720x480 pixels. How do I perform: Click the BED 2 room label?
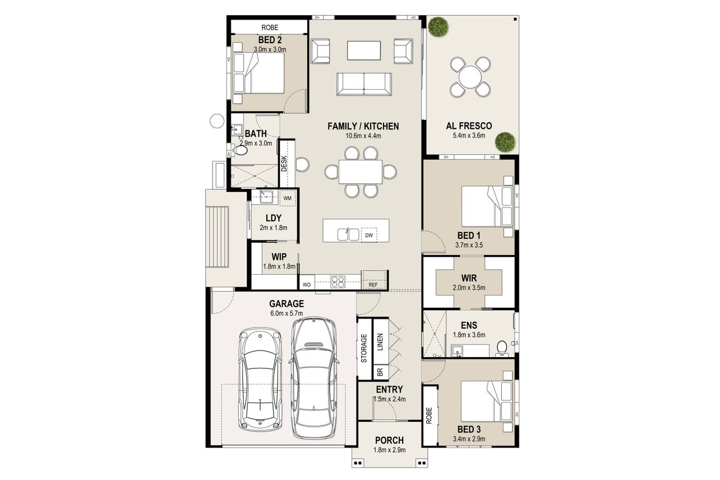[270, 40]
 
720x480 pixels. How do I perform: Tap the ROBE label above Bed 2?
[270, 27]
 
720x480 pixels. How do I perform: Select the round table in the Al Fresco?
[470, 77]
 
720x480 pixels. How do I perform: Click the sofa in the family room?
[364, 84]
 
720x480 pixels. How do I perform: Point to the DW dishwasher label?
[368, 236]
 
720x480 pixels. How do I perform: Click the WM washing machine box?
[287, 198]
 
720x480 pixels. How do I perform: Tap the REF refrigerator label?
[373, 285]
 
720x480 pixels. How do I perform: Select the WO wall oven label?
[307, 285]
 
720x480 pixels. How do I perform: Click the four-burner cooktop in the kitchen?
[338, 282]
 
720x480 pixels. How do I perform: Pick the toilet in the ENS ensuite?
[501, 349]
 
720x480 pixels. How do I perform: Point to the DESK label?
[284, 164]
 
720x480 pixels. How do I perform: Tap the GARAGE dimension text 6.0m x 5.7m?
[287, 313]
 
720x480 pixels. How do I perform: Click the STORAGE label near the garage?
[364, 349]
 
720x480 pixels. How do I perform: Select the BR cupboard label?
[380, 372]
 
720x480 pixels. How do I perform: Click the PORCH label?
[389, 440]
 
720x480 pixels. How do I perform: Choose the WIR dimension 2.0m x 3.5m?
[469, 288]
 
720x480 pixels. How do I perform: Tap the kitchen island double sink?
[348, 234]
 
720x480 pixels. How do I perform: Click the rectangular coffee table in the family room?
[364, 50]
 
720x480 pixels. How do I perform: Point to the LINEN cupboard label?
[380, 342]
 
